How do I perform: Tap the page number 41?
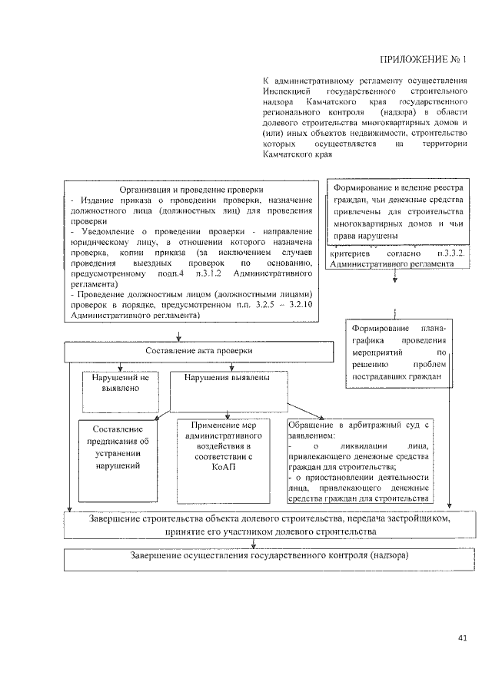461,637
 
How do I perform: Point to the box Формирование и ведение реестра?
397,211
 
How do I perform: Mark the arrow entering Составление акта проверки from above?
179,336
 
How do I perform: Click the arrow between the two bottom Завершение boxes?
253,542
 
